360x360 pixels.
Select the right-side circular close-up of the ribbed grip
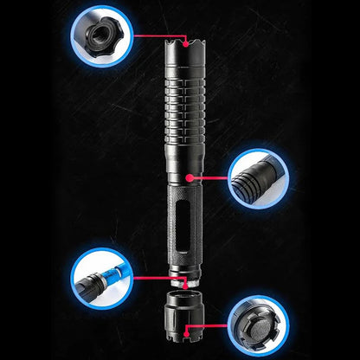(x=259, y=180)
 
